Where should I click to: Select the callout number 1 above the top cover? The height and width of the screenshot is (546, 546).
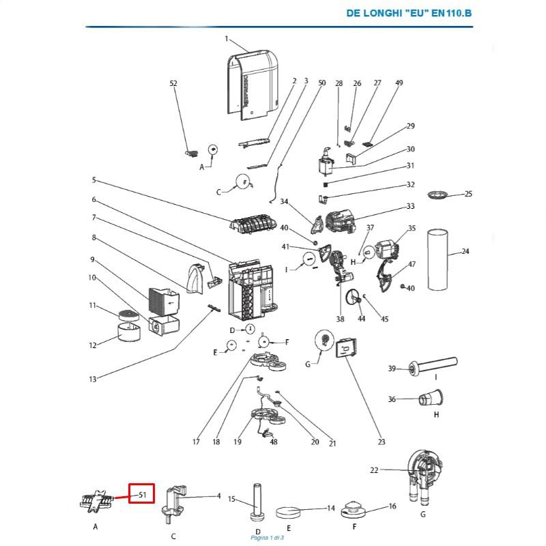click(x=227, y=39)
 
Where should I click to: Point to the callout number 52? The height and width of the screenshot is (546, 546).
click(x=173, y=83)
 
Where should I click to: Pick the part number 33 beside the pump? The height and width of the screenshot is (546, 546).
click(x=410, y=206)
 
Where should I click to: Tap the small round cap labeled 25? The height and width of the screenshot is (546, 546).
click(x=437, y=195)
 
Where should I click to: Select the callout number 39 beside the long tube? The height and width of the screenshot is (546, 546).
click(x=392, y=369)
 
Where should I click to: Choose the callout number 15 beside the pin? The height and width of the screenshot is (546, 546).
click(x=232, y=500)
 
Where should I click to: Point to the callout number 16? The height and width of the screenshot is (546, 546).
click(x=392, y=506)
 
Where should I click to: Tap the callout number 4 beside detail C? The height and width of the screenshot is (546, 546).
click(x=218, y=495)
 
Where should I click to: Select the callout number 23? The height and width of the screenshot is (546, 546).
click(x=382, y=442)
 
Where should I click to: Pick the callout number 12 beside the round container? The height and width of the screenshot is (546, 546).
click(x=93, y=345)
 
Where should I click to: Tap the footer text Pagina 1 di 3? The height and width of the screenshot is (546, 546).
click(x=267, y=538)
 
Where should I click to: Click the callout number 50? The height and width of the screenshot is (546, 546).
click(x=322, y=83)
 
